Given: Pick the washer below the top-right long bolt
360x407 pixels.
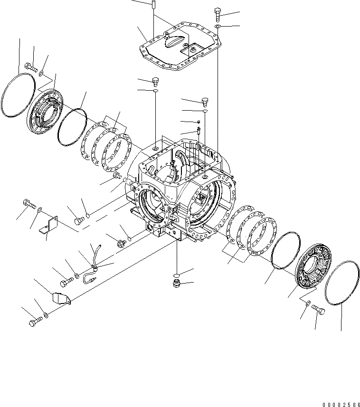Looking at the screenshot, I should pyautogui.click(x=217, y=28).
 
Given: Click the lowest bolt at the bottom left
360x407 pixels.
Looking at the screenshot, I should pyautogui.click(x=34, y=322).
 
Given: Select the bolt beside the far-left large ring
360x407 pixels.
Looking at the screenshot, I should pyautogui.click(x=30, y=67).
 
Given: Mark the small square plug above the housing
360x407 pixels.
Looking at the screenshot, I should pyautogui.click(x=198, y=123).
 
